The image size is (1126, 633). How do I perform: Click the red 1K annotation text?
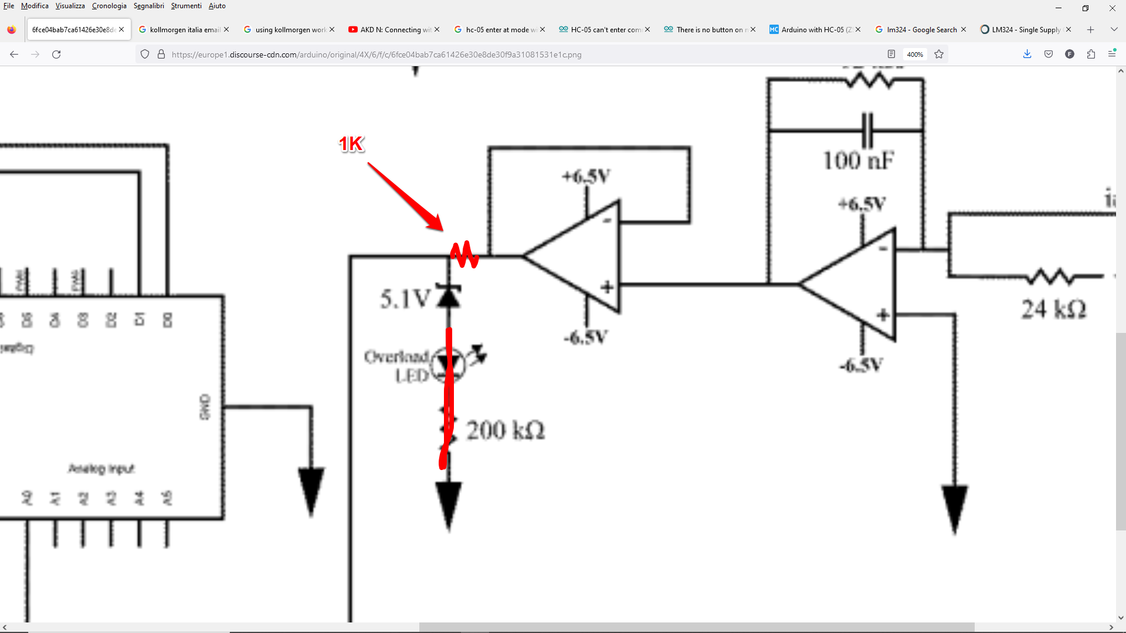(x=351, y=144)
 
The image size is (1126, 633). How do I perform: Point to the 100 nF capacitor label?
(x=858, y=161)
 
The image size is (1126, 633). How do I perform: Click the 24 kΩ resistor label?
(x=1053, y=309)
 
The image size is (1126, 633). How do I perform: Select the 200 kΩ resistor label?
(x=505, y=430)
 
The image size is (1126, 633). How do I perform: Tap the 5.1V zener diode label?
(x=405, y=299)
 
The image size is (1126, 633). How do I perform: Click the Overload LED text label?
(x=397, y=366)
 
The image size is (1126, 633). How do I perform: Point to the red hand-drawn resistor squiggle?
(x=464, y=254)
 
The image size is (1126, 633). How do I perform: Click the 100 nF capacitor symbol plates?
(x=867, y=130)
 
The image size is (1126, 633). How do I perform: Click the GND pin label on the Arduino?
(x=205, y=407)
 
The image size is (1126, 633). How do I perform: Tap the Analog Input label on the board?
(x=101, y=468)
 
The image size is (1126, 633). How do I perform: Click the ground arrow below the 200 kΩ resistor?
(x=449, y=504)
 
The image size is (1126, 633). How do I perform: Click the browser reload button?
(x=56, y=55)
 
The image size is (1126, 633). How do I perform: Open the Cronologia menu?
(x=109, y=6)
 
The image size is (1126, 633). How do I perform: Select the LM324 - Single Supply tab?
(x=1025, y=29)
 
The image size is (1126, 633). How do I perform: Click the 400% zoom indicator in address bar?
(x=915, y=55)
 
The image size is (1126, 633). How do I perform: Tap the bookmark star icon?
(x=939, y=55)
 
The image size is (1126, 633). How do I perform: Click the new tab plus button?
(x=1090, y=29)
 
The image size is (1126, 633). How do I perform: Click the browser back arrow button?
(x=14, y=55)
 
